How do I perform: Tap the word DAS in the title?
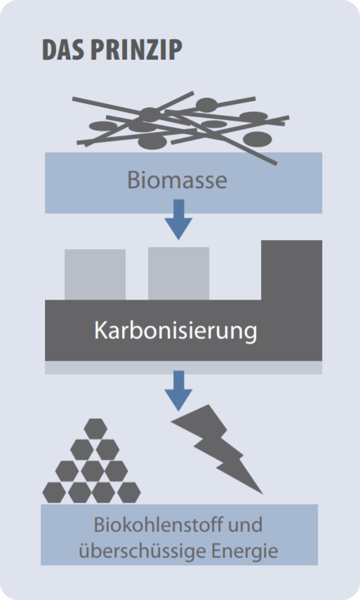[63, 50]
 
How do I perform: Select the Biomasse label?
[177, 180]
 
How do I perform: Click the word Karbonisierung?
[175, 331]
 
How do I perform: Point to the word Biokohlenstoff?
[156, 525]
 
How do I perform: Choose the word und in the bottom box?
[245, 525]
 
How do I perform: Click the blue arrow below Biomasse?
[178, 220]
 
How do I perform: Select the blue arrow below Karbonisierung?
[178, 391]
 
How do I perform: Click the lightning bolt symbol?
[216, 448]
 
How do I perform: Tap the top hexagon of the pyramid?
[95, 429]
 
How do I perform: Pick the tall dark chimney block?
[291, 270]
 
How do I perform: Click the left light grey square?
[95, 274]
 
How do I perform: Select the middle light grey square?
[179, 273]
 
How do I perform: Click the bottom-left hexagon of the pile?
[54, 493]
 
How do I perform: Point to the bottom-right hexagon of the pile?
[129, 493]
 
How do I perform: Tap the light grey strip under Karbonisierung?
[184, 367]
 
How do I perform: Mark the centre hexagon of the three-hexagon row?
[93, 471]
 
